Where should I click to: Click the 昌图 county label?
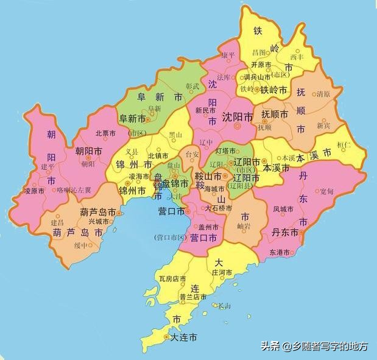259,53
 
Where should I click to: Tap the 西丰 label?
296,57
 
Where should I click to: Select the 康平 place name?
228,55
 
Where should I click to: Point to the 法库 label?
224,77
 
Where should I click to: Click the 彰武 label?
192,86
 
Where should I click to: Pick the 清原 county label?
323,94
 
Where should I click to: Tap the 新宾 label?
323,125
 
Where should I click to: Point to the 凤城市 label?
283,209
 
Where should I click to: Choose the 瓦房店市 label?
172,279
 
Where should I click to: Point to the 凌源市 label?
35,191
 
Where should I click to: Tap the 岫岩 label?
244,226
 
